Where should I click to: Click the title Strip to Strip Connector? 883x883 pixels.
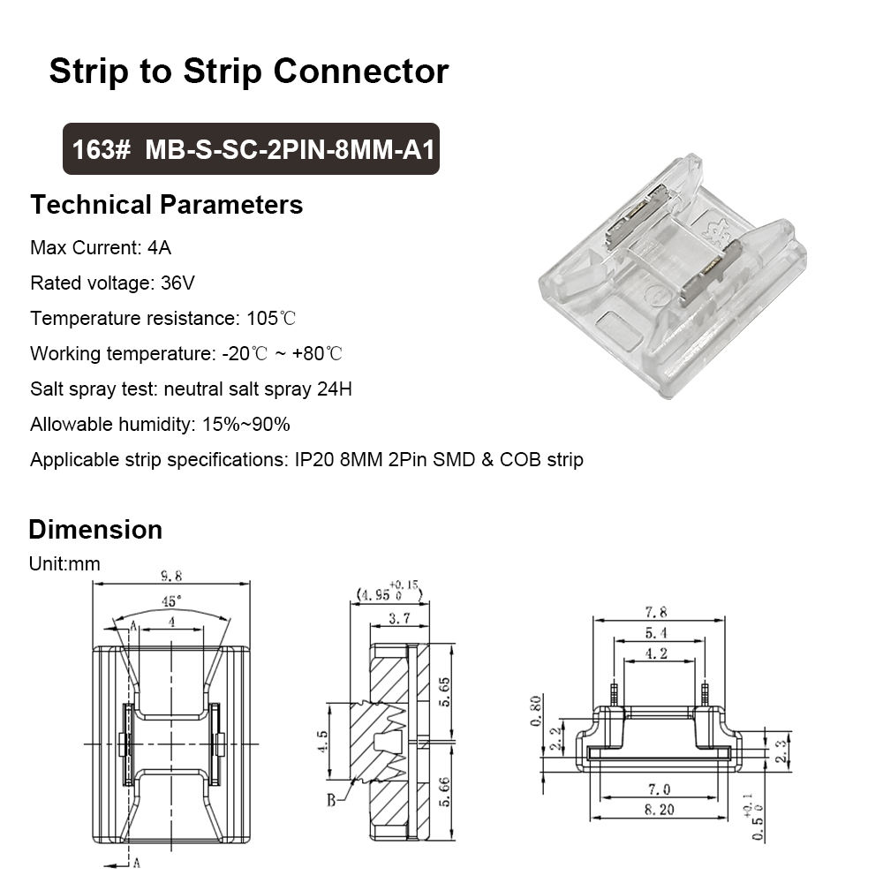pyautogui.click(x=248, y=71)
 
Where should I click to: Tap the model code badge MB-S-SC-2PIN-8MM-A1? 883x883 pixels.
pyautogui.click(x=251, y=148)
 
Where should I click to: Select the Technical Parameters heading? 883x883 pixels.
pyautogui.click(x=166, y=205)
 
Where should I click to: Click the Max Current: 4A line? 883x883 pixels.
pyautogui.click(x=101, y=247)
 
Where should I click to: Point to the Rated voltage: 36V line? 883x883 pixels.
pyautogui.click(x=112, y=283)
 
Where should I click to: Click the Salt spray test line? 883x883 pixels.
pyautogui.click(x=191, y=389)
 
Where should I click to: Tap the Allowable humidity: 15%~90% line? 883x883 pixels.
pyautogui.click(x=160, y=424)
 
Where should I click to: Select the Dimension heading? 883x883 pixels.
pyautogui.click(x=95, y=530)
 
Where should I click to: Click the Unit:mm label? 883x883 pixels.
pyautogui.click(x=64, y=563)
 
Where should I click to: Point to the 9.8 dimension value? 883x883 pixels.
pyautogui.click(x=171, y=576)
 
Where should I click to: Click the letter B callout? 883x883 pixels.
pyautogui.click(x=329, y=800)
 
